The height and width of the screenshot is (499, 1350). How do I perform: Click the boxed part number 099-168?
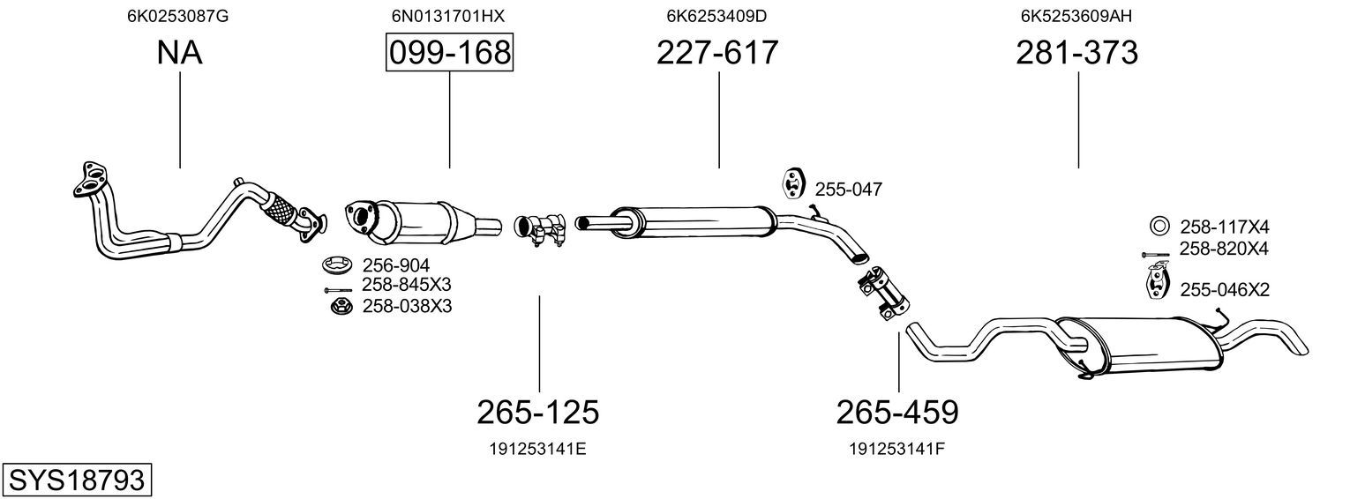450,53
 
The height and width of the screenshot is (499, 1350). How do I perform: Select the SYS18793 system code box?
77,480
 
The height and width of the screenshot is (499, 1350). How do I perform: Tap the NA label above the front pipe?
180,53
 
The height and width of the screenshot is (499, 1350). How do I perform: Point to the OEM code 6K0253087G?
177,16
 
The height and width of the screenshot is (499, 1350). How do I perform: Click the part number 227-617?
717,53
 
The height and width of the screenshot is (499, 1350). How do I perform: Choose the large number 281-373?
1077,53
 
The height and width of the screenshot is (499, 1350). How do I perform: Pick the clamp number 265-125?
538,413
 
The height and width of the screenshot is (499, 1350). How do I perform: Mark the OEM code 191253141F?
896,449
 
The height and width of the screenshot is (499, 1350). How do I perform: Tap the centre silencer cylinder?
693,223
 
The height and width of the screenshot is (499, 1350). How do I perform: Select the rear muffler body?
1142,346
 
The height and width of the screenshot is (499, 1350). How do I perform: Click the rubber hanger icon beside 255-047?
791,184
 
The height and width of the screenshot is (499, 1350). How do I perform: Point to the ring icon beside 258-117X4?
1159,227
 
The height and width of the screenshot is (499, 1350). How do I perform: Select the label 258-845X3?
406,284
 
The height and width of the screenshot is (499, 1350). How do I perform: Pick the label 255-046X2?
1225,290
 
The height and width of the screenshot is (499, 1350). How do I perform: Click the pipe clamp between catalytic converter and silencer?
539,229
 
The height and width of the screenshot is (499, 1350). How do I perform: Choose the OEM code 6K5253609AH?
1076,16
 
